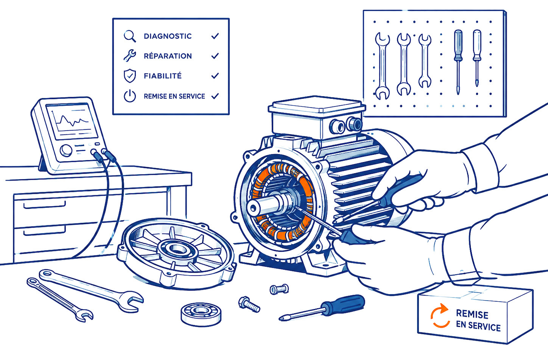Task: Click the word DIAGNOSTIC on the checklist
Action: tap(168, 36)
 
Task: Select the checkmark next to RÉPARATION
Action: tap(215, 56)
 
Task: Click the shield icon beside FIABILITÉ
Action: tap(130, 76)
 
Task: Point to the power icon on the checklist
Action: tap(130, 96)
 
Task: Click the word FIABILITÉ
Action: tap(163, 76)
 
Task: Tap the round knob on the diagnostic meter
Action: tap(66, 150)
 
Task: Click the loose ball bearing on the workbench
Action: tap(201, 314)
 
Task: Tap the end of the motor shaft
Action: tap(254, 208)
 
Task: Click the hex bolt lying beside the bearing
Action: tap(249, 304)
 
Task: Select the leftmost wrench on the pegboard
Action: tap(382, 66)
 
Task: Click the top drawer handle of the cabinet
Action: tap(45, 205)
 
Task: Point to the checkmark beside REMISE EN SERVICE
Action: tap(215, 96)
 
